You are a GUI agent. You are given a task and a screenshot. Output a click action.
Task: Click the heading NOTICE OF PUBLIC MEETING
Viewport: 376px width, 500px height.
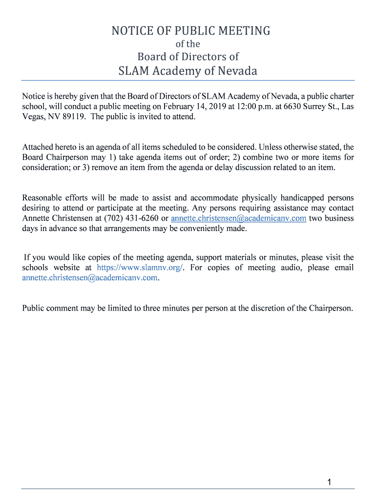(x=190, y=31)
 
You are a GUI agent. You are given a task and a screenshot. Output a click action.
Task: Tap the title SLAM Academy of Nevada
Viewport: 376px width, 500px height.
(x=188, y=71)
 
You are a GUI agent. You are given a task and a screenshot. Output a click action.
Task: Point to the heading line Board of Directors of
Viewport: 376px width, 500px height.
(x=188, y=56)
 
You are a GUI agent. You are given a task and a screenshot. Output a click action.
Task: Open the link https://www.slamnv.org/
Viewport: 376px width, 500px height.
(x=140, y=268)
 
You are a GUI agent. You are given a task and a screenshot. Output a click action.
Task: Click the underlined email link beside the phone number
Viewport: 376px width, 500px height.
(x=238, y=218)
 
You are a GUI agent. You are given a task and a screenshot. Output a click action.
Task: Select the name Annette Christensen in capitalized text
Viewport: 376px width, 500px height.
(x=58, y=218)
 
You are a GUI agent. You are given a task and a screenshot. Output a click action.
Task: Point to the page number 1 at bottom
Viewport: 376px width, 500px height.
(x=330, y=482)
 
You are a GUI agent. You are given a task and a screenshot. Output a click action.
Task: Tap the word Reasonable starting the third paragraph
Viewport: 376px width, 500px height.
(x=42, y=198)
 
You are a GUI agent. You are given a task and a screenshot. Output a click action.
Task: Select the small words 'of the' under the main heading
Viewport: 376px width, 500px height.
(x=188, y=44)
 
